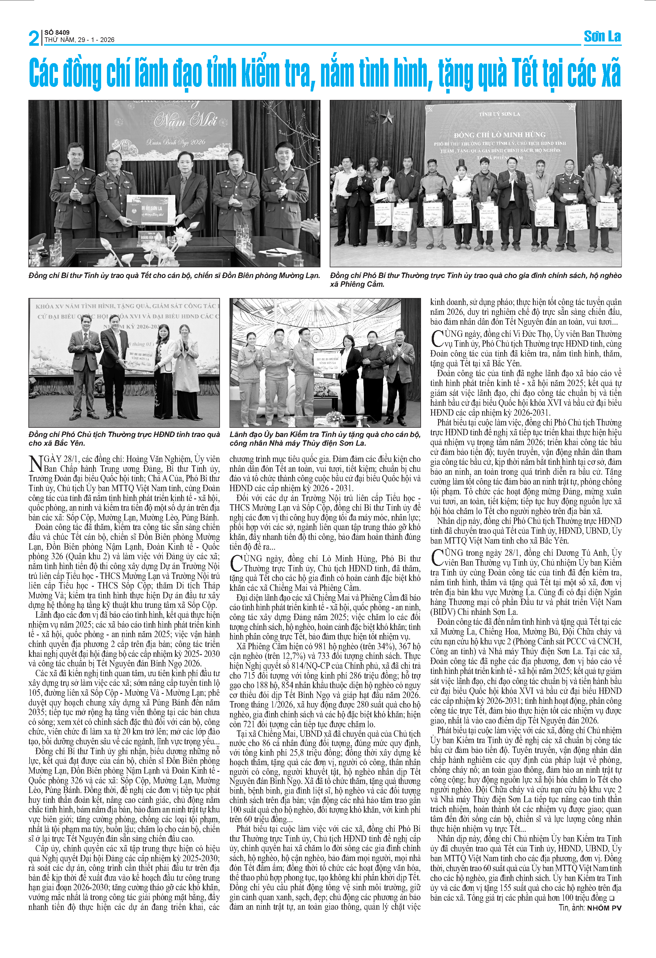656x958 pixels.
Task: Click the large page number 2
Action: click(34, 38)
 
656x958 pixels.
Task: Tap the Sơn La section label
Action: click(602, 37)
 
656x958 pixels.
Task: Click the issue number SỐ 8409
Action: click(57, 32)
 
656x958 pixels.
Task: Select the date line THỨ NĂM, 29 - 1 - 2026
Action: click(79, 40)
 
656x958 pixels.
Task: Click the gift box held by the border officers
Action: click(151, 209)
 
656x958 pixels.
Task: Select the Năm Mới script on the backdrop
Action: click(185, 121)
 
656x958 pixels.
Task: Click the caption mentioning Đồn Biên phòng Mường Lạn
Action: click(174, 275)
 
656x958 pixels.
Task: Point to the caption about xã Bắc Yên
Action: click(124, 439)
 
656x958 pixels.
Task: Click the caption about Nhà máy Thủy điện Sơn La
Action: click(325, 439)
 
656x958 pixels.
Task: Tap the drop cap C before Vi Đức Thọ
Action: click(437, 339)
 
